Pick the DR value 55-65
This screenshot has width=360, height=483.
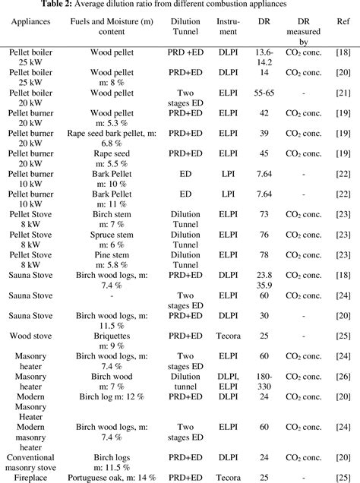[x=265, y=91]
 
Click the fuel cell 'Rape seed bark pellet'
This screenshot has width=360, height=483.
[x=112, y=134]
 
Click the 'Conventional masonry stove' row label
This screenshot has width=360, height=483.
[x=30, y=462]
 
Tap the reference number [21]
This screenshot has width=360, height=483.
[x=343, y=91]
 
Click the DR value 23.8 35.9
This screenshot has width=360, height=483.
[x=265, y=281]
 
